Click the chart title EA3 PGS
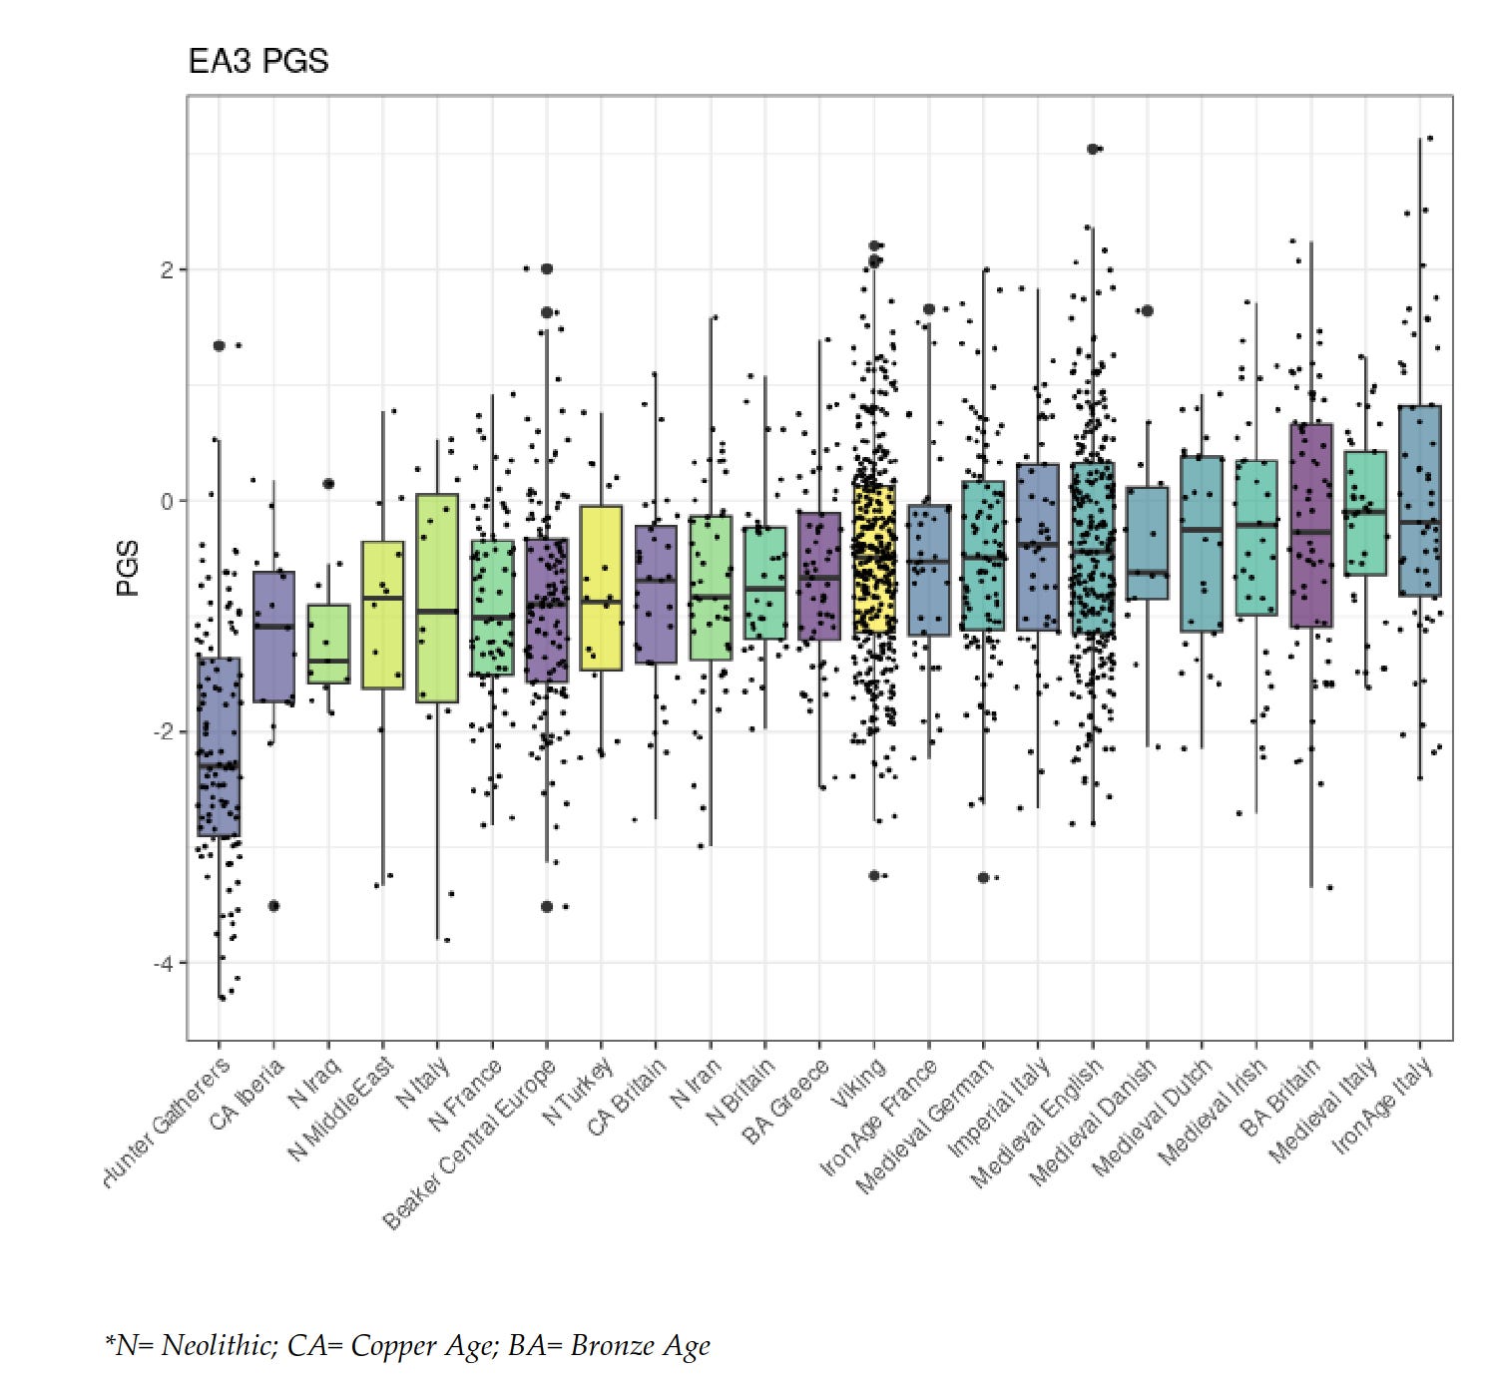click(x=257, y=62)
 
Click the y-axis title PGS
click(x=128, y=568)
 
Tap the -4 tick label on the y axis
click(x=164, y=963)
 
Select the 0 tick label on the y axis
click(x=168, y=501)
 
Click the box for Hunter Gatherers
click(x=219, y=746)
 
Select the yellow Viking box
click(x=874, y=559)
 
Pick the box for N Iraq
click(x=328, y=644)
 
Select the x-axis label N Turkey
click(x=577, y=1091)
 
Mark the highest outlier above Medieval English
click(x=1093, y=149)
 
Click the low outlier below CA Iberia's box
click(x=273, y=906)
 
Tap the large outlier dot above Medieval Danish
click(x=1147, y=310)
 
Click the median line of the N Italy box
click(x=437, y=611)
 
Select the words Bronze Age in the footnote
click(x=640, y=1345)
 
